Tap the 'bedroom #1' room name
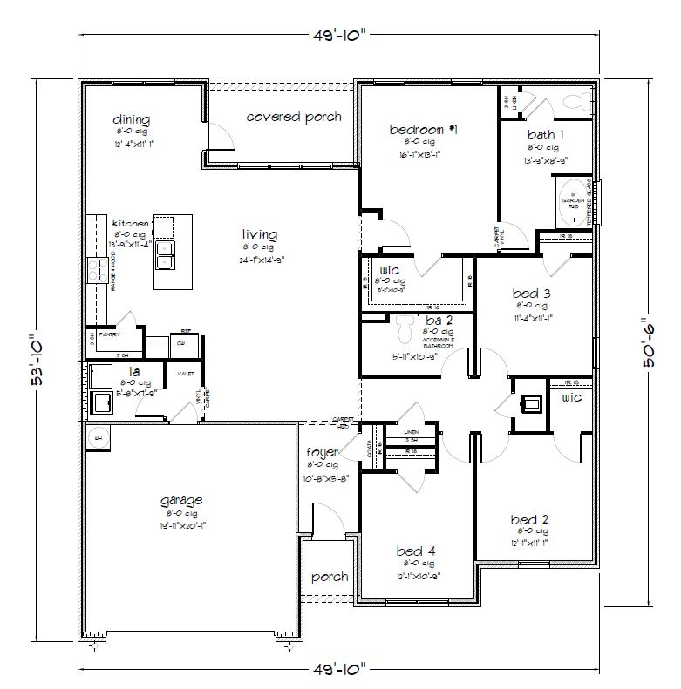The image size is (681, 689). (x=424, y=130)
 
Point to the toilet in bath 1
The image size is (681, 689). (x=575, y=101)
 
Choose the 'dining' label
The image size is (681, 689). (x=132, y=119)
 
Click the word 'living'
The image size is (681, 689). (x=260, y=234)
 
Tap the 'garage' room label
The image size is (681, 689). (x=182, y=500)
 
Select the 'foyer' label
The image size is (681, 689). (x=322, y=453)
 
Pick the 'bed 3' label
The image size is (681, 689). (x=531, y=294)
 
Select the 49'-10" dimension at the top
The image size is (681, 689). (x=340, y=34)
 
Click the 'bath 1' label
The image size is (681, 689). (x=546, y=135)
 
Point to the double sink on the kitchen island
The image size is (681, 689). (x=163, y=255)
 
